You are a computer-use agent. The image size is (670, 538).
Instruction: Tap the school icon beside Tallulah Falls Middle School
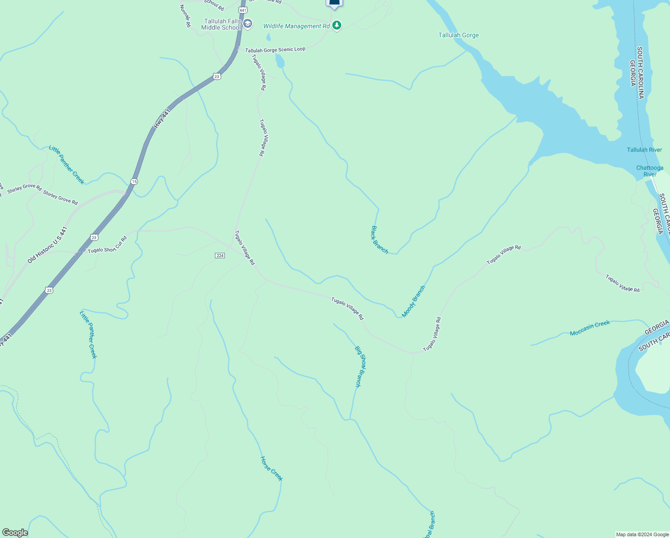tap(248, 24)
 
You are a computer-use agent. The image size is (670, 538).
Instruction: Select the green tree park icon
tap(337, 26)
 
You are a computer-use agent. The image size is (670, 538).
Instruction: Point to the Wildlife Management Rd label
tap(296, 26)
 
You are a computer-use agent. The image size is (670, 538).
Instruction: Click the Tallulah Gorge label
tap(458, 35)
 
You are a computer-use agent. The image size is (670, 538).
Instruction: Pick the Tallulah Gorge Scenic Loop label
tap(275, 50)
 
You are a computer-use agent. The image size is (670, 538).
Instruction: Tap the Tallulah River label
tap(644, 150)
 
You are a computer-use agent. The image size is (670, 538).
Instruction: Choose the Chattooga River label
tap(649, 171)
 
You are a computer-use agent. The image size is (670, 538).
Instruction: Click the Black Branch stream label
tap(379, 240)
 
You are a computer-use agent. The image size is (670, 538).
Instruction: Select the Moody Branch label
tap(413, 301)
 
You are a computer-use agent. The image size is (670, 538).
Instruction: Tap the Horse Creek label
tap(271, 469)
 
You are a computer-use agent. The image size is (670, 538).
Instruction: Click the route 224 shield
tap(219, 256)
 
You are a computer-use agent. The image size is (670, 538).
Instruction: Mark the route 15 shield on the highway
tap(134, 182)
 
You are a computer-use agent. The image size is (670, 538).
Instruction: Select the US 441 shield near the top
tap(242, 9)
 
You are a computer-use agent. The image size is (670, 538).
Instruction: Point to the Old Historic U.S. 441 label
tap(47, 245)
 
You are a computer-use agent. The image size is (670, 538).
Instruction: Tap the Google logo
tap(15, 533)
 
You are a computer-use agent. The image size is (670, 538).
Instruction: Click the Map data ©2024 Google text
tap(642, 534)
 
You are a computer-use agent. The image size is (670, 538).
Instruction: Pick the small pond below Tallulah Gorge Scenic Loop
tap(279, 61)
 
